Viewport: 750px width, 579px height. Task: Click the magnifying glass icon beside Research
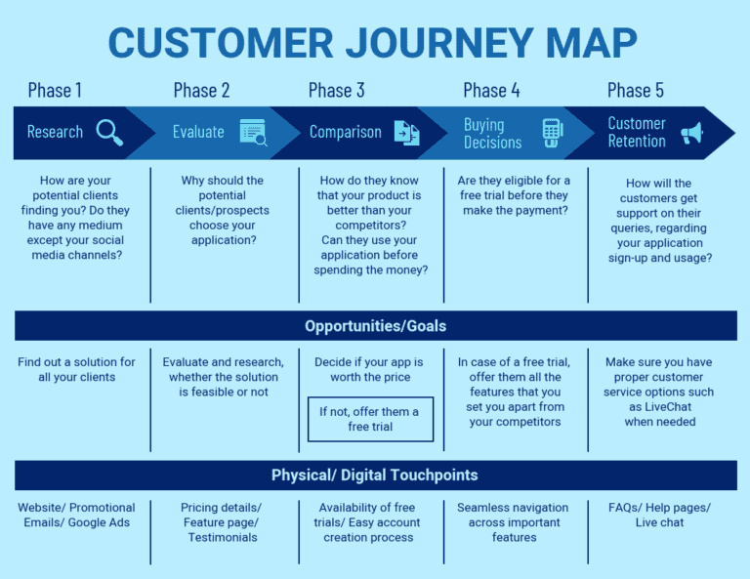109,132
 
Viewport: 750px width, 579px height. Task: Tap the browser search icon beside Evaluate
253,132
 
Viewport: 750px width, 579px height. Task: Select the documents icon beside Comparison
405,132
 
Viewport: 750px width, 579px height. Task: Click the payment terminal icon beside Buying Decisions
553,133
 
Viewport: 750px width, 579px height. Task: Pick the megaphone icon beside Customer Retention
691,133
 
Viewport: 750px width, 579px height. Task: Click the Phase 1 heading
55,91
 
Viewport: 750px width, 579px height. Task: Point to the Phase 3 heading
336,91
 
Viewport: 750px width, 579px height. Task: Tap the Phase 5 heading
635,91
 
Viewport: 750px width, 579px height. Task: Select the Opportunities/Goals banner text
375,326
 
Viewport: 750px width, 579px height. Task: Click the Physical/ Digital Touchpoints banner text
375,476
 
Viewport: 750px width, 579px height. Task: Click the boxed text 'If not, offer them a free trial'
369,419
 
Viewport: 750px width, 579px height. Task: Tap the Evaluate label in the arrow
198,132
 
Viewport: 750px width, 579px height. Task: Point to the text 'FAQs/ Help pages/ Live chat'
661,516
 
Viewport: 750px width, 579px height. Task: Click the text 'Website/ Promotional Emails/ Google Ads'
76,516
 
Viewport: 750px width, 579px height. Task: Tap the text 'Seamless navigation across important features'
514,522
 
